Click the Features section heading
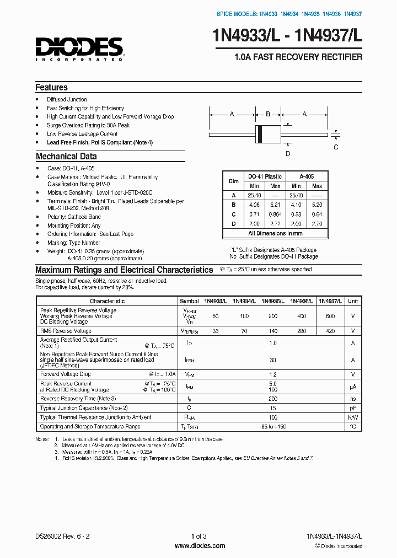click(x=51, y=87)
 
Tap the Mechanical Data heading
click(x=66, y=156)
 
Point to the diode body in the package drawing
click(x=267, y=133)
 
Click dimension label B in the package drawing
click(x=268, y=114)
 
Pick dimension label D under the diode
click(x=287, y=154)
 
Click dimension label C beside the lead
click(x=336, y=147)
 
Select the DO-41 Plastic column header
click(x=265, y=176)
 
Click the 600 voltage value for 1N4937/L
click(x=330, y=316)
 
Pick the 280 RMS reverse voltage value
click(x=302, y=331)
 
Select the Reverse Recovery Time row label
click(x=78, y=398)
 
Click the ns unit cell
click(x=353, y=398)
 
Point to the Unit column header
click(x=353, y=301)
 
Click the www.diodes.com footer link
click(x=200, y=546)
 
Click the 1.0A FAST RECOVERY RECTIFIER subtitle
click(x=298, y=57)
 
